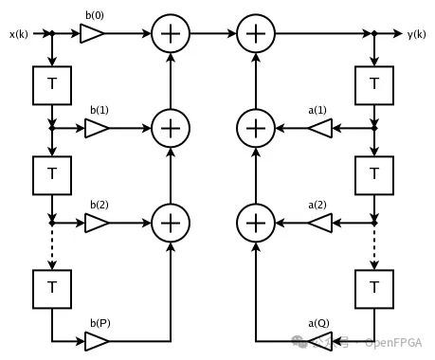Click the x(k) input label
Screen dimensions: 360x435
coord(19,34)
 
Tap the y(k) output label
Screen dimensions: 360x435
coord(417,34)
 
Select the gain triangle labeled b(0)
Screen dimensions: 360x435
coord(92,34)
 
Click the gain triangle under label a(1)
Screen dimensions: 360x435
coord(319,126)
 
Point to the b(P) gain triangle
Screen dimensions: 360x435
coord(97,339)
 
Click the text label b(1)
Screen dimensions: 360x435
coord(100,110)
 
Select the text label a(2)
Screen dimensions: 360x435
coord(317,205)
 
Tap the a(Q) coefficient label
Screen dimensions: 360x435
coord(317,323)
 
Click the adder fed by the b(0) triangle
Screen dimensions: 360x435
coord(171,34)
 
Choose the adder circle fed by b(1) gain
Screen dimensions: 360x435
coord(171,126)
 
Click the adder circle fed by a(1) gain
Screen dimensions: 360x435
coord(254,126)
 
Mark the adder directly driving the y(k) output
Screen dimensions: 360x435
coord(254,34)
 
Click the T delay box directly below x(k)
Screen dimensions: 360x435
coord(50,85)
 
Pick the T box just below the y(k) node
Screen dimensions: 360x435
coord(375,85)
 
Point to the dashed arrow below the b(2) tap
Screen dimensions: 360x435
coord(50,247)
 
